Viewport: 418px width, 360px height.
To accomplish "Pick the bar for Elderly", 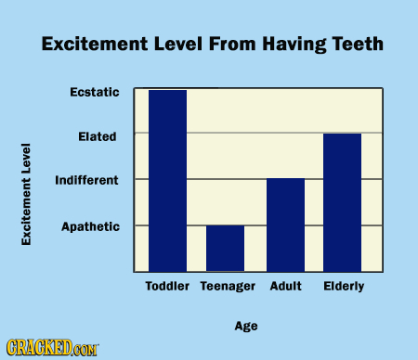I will point(342,201).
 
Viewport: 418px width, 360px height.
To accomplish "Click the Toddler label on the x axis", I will point(167,287).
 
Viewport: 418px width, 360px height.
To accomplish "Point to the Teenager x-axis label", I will point(228,287).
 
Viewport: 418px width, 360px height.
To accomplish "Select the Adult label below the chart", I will point(284,287).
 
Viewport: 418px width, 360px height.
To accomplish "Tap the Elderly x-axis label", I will point(343,287).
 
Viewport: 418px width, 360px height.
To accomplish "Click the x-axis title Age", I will point(246,326).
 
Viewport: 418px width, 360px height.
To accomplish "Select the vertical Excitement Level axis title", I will point(27,195).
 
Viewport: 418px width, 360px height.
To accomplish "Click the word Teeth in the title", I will point(357,44).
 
